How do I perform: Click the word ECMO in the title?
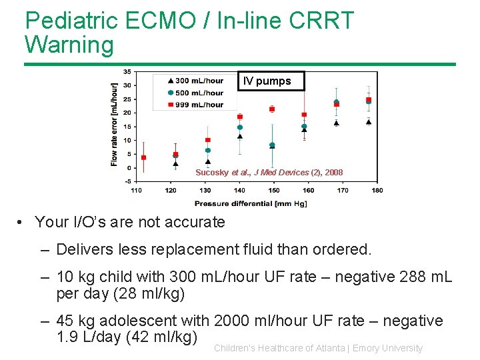click(163, 21)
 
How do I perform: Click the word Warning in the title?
click(69, 45)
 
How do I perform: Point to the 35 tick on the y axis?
click(127, 71)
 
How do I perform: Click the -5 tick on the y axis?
click(127, 181)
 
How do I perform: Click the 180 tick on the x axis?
click(377, 191)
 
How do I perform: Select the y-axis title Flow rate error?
click(114, 125)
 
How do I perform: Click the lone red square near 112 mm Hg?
click(143, 157)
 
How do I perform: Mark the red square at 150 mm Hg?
click(272, 109)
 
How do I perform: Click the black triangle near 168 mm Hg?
click(336, 123)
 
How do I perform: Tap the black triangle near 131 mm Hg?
click(208, 161)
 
